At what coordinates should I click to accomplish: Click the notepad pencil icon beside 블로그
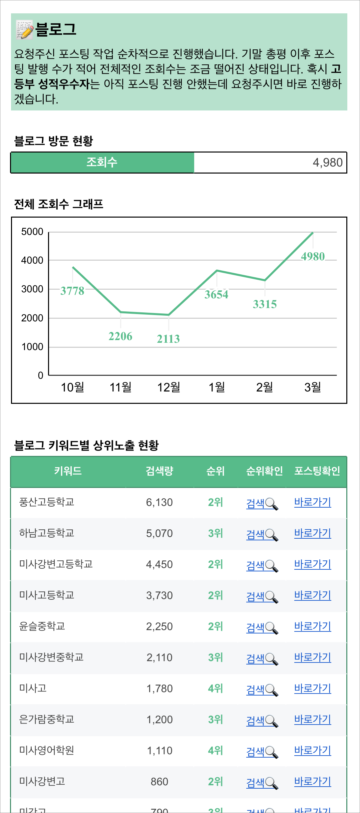tap(25, 29)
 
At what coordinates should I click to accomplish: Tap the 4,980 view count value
tap(327, 163)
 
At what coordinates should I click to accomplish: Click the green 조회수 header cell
tap(102, 163)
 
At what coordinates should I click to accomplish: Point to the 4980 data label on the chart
tap(313, 256)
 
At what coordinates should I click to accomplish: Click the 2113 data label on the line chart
tap(168, 339)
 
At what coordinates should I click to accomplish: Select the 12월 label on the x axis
tap(168, 387)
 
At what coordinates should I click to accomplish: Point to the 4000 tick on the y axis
tap(32, 260)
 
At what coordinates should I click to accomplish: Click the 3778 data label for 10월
tap(72, 291)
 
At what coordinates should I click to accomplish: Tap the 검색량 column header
tap(159, 471)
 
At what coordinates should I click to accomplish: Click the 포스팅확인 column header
tap(317, 471)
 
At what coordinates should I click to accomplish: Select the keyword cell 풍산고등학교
tap(47, 502)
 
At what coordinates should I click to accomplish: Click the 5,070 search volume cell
tap(159, 533)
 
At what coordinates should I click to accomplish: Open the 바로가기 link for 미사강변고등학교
tap(313, 564)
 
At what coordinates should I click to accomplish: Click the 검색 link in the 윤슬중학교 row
tap(255, 627)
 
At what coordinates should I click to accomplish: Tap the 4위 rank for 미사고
tap(215, 688)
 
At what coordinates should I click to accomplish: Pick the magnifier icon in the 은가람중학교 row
tap(272, 721)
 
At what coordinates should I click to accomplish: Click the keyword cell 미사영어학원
tap(47, 750)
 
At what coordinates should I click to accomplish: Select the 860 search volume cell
tap(159, 782)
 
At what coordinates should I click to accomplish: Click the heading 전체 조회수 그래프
tap(59, 204)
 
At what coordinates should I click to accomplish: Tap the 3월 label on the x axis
tap(313, 387)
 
